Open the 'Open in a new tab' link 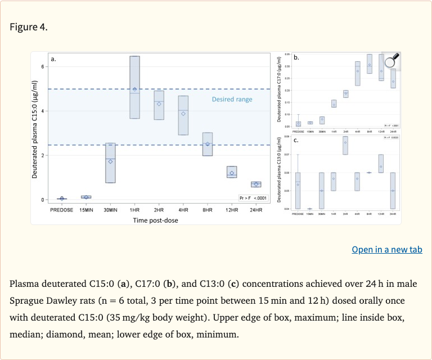[386, 249]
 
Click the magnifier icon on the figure [391, 61]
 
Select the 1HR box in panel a [135, 87]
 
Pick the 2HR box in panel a [159, 105]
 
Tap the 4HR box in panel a [183, 115]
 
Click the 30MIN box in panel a [111, 163]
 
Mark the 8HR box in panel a [208, 144]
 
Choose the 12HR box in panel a [232, 172]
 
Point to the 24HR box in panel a [256, 184]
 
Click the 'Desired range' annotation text [232, 100]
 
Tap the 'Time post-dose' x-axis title [152, 220]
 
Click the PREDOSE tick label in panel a [61, 210]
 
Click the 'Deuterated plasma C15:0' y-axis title [35, 129]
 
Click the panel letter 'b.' [296, 57]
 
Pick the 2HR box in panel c [345, 145]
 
